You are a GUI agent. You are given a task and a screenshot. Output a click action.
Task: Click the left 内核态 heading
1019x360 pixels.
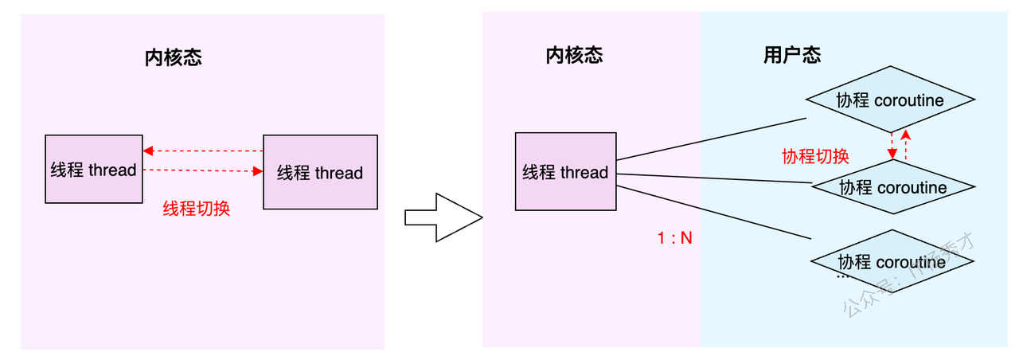click(173, 57)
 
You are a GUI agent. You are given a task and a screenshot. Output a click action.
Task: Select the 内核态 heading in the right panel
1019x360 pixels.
click(574, 55)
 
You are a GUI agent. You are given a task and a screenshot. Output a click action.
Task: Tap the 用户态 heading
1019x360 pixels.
click(791, 55)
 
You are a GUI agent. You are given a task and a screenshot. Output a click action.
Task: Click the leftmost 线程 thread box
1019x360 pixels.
click(93, 169)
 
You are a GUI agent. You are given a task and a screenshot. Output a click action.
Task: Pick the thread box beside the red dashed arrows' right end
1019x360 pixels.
click(320, 172)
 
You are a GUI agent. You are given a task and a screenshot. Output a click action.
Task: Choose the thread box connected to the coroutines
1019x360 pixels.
click(565, 171)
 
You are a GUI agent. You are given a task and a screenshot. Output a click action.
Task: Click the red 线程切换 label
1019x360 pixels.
click(197, 209)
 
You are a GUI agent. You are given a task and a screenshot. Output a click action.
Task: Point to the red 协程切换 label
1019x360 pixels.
click(815, 156)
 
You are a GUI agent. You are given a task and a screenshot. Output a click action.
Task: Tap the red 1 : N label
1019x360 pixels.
click(675, 237)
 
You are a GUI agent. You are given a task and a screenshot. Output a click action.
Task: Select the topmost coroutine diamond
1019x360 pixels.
click(890, 100)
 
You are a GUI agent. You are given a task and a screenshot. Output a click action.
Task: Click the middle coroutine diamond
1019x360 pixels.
click(892, 187)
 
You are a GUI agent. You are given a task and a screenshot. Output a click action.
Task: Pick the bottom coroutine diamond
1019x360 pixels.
click(892, 261)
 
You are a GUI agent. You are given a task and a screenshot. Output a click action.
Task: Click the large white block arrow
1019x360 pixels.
click(443, 217)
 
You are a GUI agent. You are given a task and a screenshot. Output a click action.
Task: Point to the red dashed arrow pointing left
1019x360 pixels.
click(203, 151)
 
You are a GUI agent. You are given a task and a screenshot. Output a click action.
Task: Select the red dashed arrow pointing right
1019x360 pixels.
click(203, 170)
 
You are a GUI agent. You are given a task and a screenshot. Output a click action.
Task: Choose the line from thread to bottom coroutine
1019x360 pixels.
click(714, 213)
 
